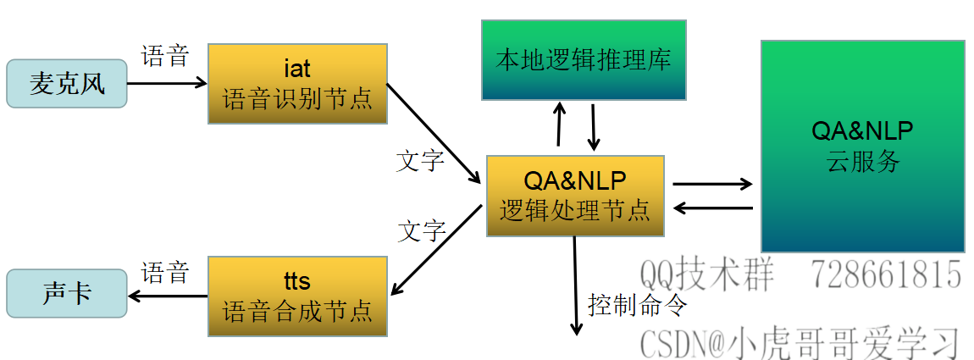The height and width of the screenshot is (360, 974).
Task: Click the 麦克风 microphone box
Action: click(x=66, y=84)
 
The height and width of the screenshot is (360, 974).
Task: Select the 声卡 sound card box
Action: click(x=66, y=295)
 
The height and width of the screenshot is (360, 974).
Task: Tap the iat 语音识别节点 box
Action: click(x=297, y=84)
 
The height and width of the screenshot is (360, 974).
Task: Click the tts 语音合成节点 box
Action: click(x=297, y=296)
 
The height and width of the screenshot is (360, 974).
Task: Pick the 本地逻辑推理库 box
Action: click(x=584, y=60)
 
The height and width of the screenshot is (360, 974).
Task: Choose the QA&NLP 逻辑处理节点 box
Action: click(x=575, y=196)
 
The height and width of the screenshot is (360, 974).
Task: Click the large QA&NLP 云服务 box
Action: click(x=862, y=146)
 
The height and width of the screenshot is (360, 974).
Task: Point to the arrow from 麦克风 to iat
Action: click(x=168, y=83)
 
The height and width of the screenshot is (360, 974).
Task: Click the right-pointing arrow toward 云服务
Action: click(x=712, y=184)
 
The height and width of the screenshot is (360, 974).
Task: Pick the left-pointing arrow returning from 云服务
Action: click(x=712, y=208)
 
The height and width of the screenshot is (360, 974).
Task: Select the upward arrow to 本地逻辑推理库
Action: click(x=559, y=125)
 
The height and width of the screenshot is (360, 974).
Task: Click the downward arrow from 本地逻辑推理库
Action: click(x=594, y=126)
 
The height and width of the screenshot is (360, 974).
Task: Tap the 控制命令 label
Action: click(x=637, y=304)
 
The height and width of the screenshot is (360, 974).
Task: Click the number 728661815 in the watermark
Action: click(x=886, y=274)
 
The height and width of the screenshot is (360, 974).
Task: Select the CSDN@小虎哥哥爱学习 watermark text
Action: click(x=800, y=343)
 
